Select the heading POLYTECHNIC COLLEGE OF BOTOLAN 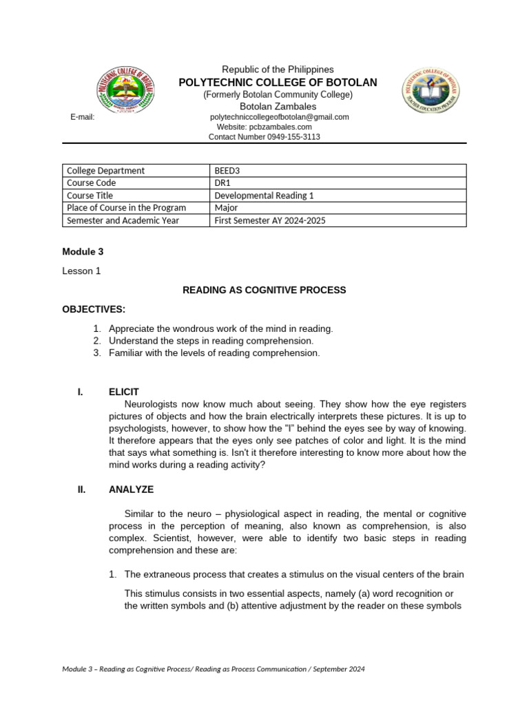pos(278,83)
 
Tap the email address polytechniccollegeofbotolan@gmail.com pos(279,117)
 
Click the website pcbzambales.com pos(264,127)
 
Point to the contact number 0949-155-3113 pos(264,137)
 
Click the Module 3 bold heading pos(83,251)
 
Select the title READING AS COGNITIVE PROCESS pos(264,291)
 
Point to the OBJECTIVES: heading pos(94,310)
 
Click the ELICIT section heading pos(124,392)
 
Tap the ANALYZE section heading pos(131,490)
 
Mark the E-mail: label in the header pos(82,117)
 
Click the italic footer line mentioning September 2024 pos(213,669)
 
